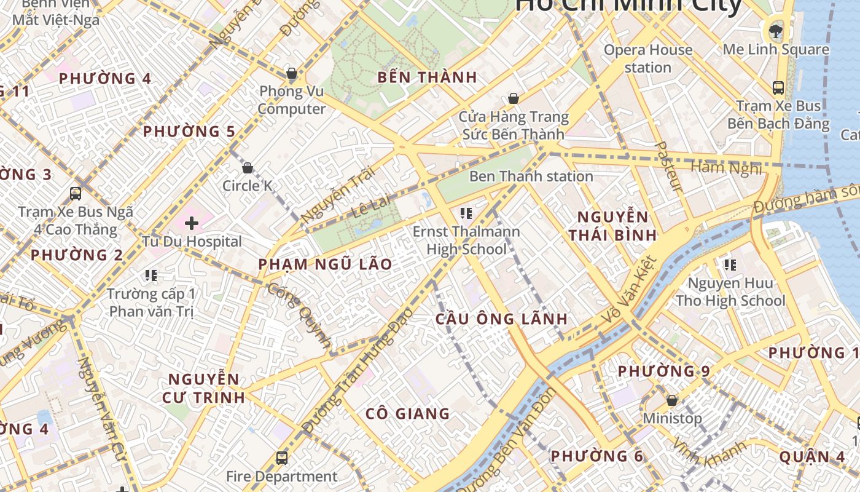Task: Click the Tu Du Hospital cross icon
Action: pyautogui.click(x=192, y=223)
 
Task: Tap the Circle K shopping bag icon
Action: pyautogui.click(x=248, y=168)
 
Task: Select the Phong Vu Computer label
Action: pyautogui.click(x=292, y=100)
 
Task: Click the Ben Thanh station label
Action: pyautogui.click(x=531, y=177)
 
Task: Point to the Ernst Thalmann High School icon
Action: pyautogui.click(x=466, y=213)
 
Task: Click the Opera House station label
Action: pyautogui.click(x=648, y=58)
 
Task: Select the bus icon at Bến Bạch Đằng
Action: pyautogui.click(x=778, y=87)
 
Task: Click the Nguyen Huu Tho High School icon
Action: pyautogui.click(x=730, y=265)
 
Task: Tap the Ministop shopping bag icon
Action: pyautogui.click(x=672, y=400)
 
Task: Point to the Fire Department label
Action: pyautogui.click(x=282, y=477)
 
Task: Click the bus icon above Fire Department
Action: pyautogui.click(x=282, y=458)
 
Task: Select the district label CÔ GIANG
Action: pyautogui.click(x=408, y=414)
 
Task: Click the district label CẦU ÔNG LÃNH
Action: pyautogui.click(x=501, y=319)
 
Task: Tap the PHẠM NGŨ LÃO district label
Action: pyautogui.click(x=325, y=264)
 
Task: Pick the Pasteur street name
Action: pyautogui.click(x=666, y=166)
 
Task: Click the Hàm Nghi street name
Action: pyautogui.click(x=726, y=167)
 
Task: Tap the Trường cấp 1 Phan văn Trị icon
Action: pyautogui.click(x=151, y=275)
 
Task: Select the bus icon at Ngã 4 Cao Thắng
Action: pyautogui.click(x=76, y=194)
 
